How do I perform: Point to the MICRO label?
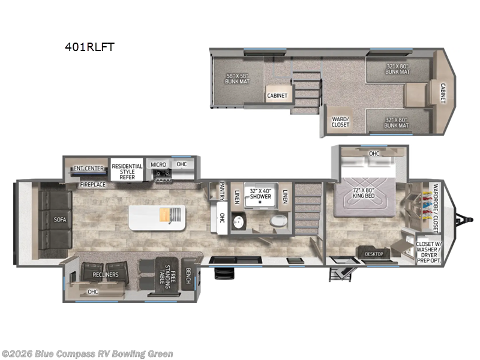158,164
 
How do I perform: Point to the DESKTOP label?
373,254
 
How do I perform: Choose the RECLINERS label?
106,274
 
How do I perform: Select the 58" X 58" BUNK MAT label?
236,78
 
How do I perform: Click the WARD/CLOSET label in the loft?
340,121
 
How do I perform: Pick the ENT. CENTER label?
89,168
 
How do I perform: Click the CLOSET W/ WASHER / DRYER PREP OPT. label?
428,251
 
